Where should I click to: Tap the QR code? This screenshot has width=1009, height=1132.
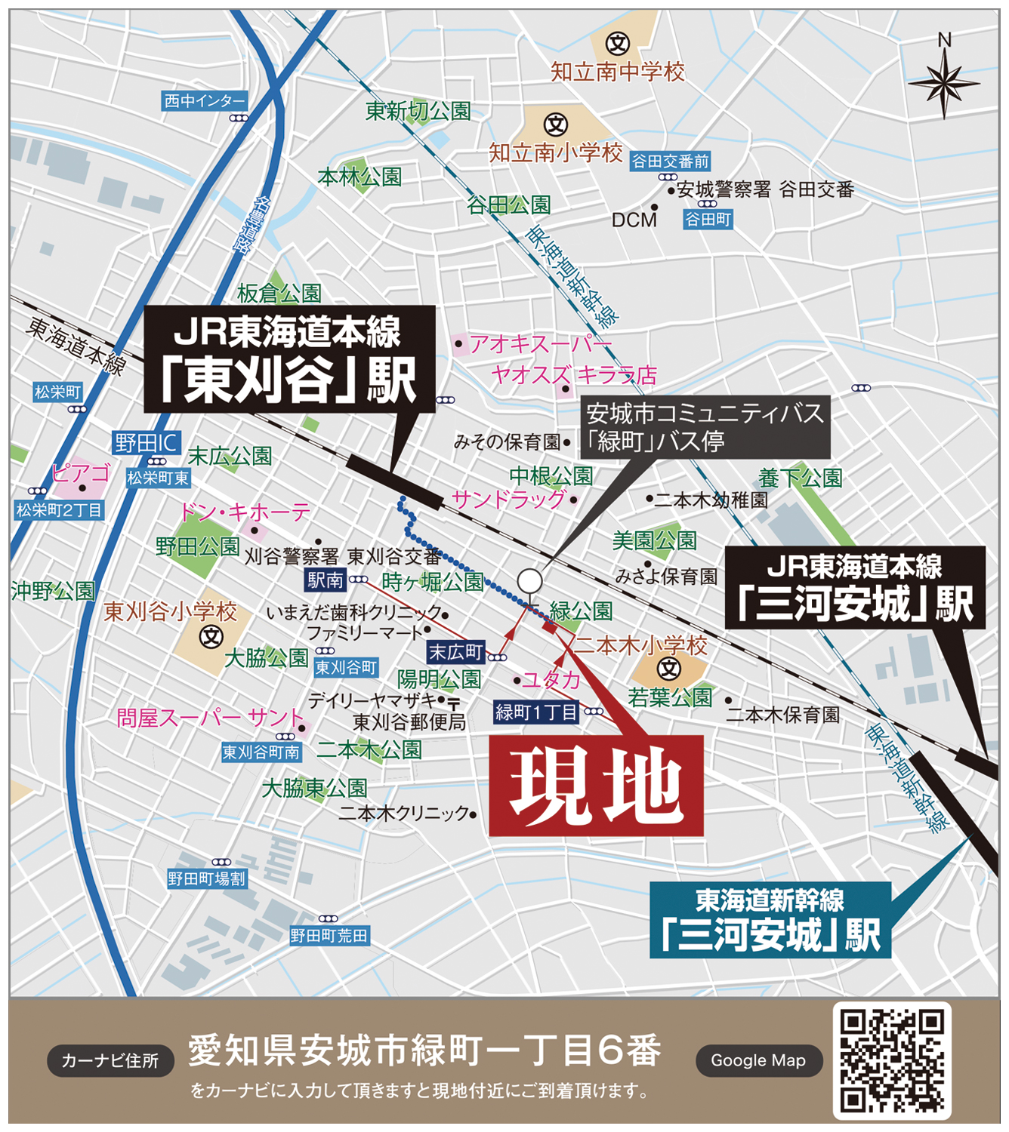(892, 1060)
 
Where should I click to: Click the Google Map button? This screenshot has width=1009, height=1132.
(758, 1060)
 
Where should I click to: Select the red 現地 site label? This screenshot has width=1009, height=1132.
(596, 786)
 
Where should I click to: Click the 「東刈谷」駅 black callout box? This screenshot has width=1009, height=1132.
(289, 359)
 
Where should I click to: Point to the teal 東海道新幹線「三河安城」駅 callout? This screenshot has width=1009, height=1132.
(770, 920)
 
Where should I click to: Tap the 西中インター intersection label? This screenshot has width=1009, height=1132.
(205, 101)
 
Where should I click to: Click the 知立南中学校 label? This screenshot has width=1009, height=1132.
(618, 72)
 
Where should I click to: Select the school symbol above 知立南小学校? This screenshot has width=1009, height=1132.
(556, 124)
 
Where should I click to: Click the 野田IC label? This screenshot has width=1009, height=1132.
(147, 442)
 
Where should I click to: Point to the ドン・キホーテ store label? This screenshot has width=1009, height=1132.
(244, 512)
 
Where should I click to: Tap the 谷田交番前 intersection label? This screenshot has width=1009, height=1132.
(671, 161)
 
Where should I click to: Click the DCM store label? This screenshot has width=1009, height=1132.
(634, 220)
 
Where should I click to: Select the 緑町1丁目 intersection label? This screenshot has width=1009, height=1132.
(535, 712)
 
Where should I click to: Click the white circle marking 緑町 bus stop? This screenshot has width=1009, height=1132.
(529, 581)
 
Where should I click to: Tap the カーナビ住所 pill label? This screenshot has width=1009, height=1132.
(110, 1060)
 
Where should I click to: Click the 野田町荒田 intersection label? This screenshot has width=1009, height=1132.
(329, 936)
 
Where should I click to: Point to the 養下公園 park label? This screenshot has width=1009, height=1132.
(800, 478)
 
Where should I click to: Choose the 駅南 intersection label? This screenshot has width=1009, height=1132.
(326, 580)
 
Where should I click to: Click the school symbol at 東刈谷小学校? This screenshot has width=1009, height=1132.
(211, 638)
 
